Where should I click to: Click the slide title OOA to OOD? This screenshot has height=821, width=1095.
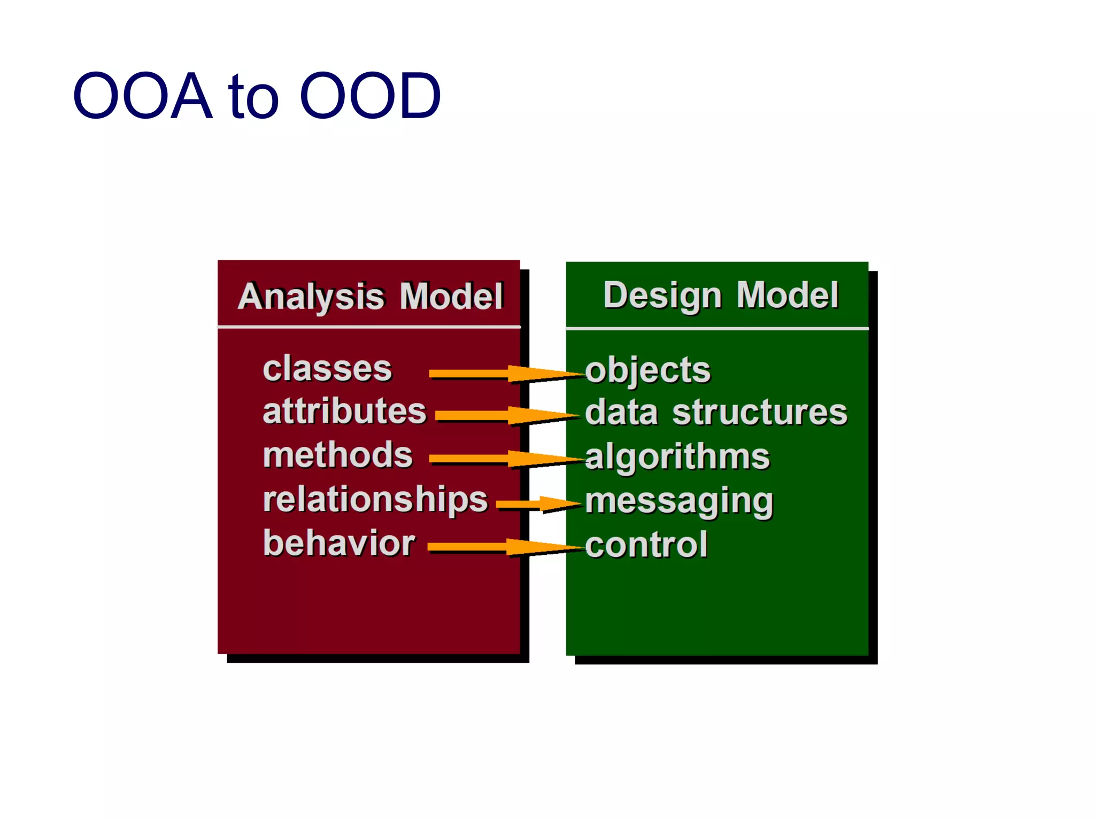coord(257,96)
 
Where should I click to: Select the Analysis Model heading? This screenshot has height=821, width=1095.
coord(371,296)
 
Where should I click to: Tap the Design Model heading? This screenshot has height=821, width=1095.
coord(720,295)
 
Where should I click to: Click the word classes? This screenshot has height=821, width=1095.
coord(327,369)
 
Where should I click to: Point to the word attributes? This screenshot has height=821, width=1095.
coord(344,412)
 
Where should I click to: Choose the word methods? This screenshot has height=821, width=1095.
coord(337,455)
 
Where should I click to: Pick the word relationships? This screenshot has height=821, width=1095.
coord(375,500)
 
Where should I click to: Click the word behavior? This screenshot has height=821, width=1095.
coord(339,544)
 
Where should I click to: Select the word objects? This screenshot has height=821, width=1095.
coord(647,370)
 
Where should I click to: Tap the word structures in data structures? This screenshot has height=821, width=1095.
coord(759,413)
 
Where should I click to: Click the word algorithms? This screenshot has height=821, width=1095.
coord(677,458)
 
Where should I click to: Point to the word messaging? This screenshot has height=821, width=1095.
coord(678,502)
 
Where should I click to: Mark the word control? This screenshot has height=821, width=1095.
coord(646,545)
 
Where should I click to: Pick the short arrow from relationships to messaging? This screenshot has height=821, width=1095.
coord(537,504)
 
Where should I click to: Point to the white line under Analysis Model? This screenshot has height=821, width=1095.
coord(369,326)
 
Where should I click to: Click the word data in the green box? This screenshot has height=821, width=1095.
coord(621,413)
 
